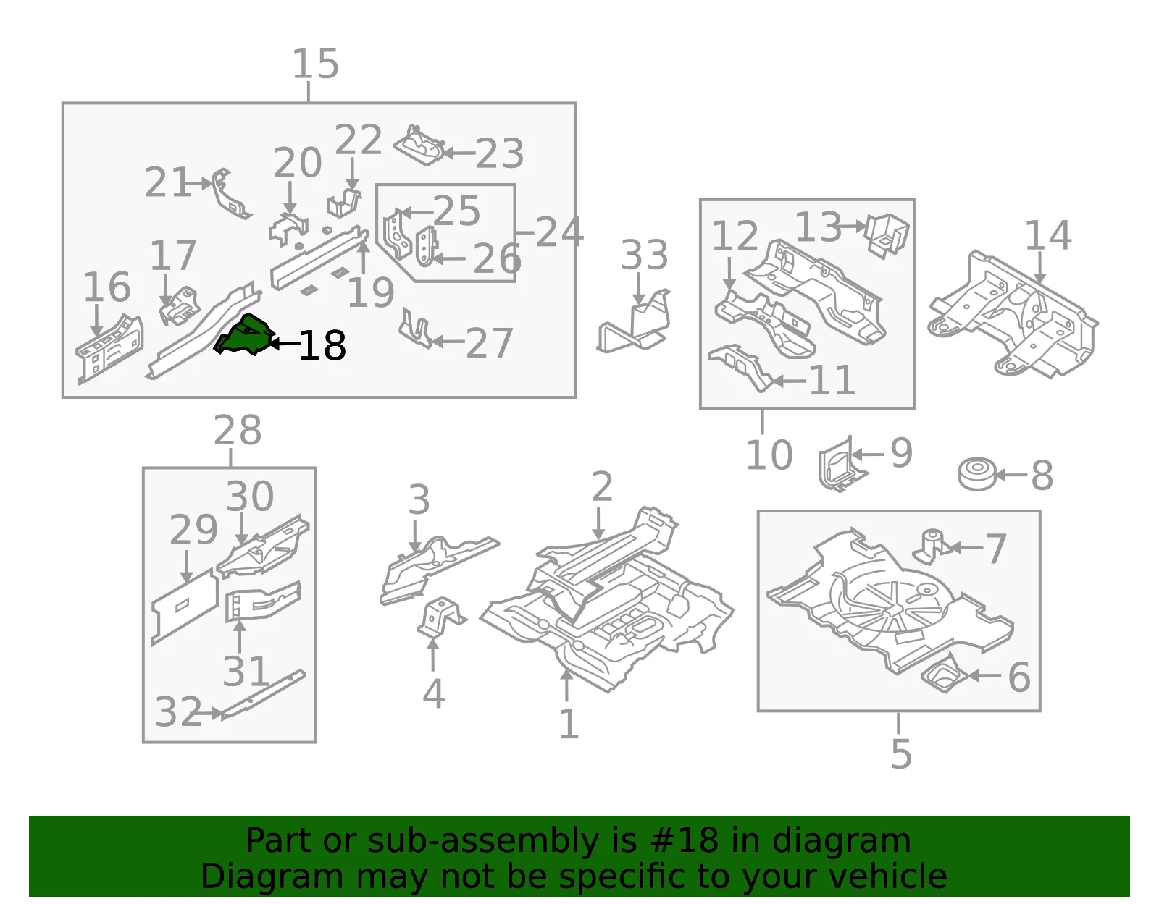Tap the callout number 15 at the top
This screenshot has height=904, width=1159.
click(x=315, y=64)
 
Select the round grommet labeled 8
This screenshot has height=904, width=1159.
click(x=977, y=473)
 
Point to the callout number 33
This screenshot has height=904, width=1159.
click(x=644, y=255)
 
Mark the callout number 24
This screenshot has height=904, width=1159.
click(x=559, y=232)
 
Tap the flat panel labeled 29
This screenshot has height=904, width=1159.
click(x=185, y=607)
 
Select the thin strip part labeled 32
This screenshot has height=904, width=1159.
click(x=263, y=695)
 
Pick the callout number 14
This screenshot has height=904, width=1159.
click(x=1048, y=235)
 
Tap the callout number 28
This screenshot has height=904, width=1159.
click(x=238, y=430)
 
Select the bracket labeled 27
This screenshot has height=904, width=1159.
click(x=416, y=329)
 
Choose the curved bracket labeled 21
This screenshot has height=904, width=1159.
click(x=230, y=194)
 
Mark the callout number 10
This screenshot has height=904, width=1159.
click(x=769, y=455)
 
